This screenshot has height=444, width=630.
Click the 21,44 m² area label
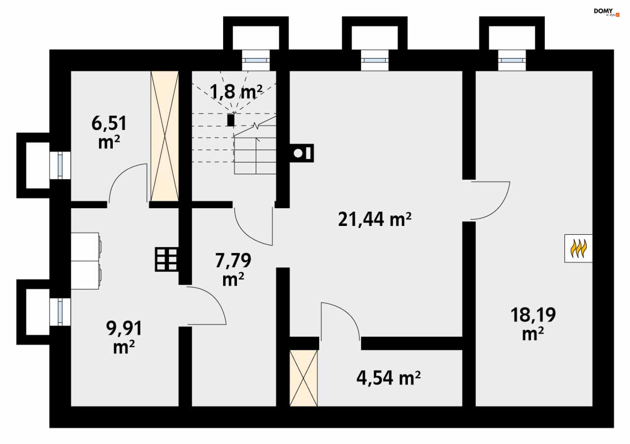pyautogui.click(x=375, y=219)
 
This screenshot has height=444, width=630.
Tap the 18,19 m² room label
pyautogui.click(x=533, y=324)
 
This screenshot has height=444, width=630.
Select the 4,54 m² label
pyautogui.click(x=388, y=378)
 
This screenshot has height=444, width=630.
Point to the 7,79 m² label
pyautogui.click(x=233, y=270)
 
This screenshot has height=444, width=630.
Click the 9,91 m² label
pyautogui.click(x=124, y=337)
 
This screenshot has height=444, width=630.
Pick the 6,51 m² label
pyautogui.click(x=109, y=132)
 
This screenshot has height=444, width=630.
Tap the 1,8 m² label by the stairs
pyautogui.click(x=236, y=92)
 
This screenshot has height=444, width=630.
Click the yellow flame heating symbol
pyautogui.click(x=578, y=249)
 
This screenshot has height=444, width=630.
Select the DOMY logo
pyautogui.click(x=606, y=12)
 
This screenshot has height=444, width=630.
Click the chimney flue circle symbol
pyautogui.click(x=298, y=153)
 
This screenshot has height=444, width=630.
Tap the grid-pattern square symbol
pyautogui.click(x=167, y=259)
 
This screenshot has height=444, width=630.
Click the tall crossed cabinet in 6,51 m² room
pyautogui.click(x=165, y=136)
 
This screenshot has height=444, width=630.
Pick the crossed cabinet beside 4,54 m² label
pyautogui.click(x=304, y=378)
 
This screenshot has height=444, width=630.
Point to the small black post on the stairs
pyautogui.click(x=231, y=120)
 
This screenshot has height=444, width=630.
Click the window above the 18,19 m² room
pyautogui.click(x=512, y=60)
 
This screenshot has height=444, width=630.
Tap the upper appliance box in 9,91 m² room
pyautogui.click(x=85, y=247)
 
